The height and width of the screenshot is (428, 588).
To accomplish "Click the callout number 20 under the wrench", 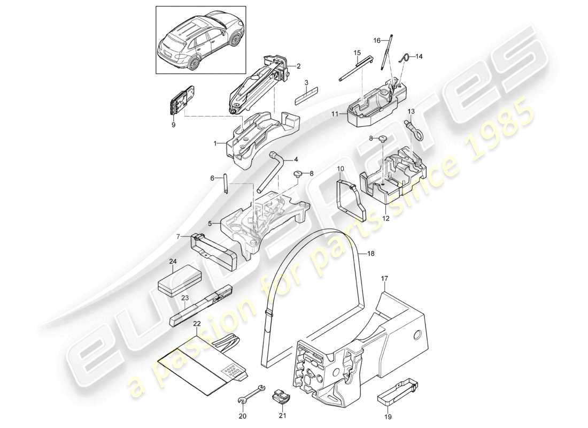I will [x=243, y=416].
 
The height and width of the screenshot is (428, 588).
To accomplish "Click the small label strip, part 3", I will [x=306, y=97].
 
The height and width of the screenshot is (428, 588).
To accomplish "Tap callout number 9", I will [x=173, y=125].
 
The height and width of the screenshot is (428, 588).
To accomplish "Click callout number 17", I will [x=384, y=279].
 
